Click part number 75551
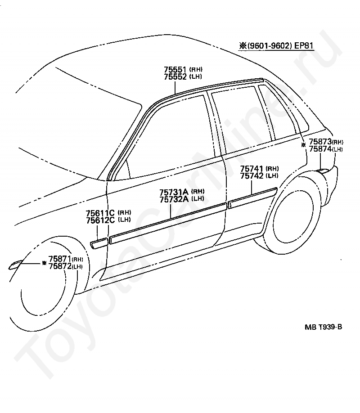click(x=175, y=70)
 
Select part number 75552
click(x=175, y=76)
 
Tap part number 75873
click(x=320, y=142)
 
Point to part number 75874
click(x=320, y=149)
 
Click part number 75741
click(x=252, y=169)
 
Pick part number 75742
click(x=252, y=176)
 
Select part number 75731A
click(x=174, y=192)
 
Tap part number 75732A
click(x=174, y=199)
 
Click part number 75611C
click(x=100, y=213)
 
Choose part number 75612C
click(x=100, y=220)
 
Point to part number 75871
click(x=60, y=259)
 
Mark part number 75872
click(x=60, y=266)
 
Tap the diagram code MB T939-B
click(x=324, y=327)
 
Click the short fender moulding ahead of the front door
click(x=99, y=243)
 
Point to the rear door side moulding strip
click(x=252, y=198)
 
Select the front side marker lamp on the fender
click(x=15, y=265)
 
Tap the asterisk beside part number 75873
click(x=304, y=144)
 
